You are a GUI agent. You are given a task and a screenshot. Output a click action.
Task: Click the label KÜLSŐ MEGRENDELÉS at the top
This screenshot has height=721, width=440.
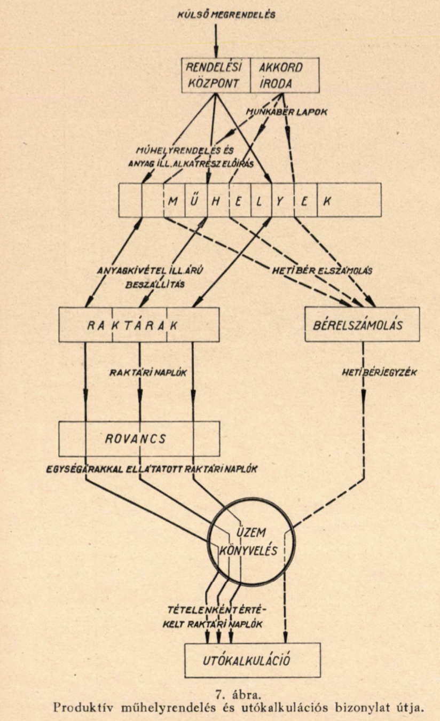click(226, 14)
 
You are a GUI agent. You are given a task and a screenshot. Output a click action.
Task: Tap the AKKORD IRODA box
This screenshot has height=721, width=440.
click(284, 75)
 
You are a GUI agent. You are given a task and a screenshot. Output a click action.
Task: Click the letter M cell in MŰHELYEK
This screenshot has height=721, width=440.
click(173, 200)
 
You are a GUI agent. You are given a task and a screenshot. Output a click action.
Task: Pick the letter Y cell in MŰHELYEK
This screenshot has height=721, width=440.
click(282, 200)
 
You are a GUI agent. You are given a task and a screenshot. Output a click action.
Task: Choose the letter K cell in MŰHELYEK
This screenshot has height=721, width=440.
click(328, 200)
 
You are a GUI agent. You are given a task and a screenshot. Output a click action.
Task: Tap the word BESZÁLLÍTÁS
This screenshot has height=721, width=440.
click(155, 285)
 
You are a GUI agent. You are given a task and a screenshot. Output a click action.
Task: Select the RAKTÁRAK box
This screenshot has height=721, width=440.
click(139, 325)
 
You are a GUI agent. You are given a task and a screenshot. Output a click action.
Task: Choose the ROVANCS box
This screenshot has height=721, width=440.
click(139, 438)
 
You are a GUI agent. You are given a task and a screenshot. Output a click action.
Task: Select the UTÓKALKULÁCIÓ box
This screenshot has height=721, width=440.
click(252, 660)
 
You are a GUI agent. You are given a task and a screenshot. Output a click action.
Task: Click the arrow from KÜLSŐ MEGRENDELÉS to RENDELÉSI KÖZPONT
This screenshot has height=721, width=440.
click(216, 40)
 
